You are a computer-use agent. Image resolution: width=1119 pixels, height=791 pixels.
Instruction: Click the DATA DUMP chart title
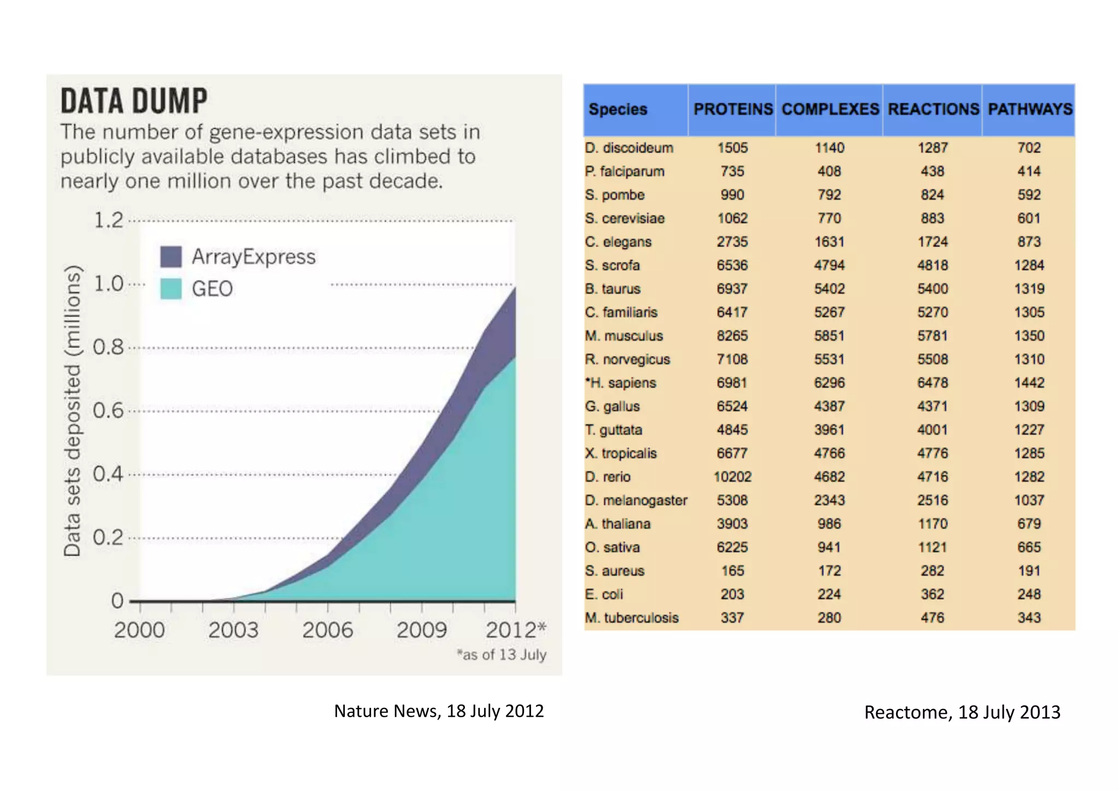click(134, 101)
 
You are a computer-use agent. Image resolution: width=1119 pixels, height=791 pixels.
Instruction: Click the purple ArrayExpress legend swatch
click(170, 256)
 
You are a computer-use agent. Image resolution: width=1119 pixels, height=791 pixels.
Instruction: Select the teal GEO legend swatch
click(170, 289)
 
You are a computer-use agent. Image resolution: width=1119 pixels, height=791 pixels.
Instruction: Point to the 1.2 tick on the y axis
click(109, 220)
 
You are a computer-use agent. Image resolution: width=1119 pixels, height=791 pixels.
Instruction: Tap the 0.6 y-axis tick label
click(108, 411)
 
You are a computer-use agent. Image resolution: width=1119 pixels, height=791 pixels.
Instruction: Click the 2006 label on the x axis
click(327, 630)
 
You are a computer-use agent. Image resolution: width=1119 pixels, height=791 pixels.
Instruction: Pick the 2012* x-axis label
click(515, 630)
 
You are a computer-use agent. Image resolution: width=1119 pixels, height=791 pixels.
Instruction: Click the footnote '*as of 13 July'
click(501, 654)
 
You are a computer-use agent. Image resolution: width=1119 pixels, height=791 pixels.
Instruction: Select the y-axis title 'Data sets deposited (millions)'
click(72, 411)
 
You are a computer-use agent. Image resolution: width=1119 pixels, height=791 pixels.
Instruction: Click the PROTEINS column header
click(733, 109)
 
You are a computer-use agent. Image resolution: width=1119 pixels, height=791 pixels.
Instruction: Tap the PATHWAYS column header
click(1029, 109)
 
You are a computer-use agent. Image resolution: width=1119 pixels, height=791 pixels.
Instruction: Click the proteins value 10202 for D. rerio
click(732, 477)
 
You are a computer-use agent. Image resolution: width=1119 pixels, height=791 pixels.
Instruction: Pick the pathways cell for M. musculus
click(1029, 336)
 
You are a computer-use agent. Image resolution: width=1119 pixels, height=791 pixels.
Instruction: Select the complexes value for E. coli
click(829, 594)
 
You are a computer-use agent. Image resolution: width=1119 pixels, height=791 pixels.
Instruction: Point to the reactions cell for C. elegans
click(932, 242)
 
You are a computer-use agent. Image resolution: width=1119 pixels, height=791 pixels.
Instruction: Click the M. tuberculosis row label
click(632, 618)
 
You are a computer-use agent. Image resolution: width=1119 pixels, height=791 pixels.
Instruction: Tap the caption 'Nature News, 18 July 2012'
click(439, 711)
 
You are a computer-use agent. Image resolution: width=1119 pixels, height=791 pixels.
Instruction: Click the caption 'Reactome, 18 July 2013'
click(962, 712)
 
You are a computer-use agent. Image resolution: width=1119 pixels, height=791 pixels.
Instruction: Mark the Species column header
click(617, 109)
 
